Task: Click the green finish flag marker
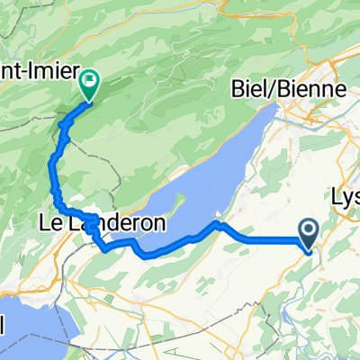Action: click(x=91, y=85)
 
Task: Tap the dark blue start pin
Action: click(x=309, y=235)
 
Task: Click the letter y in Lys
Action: click(x=348, y=197)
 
